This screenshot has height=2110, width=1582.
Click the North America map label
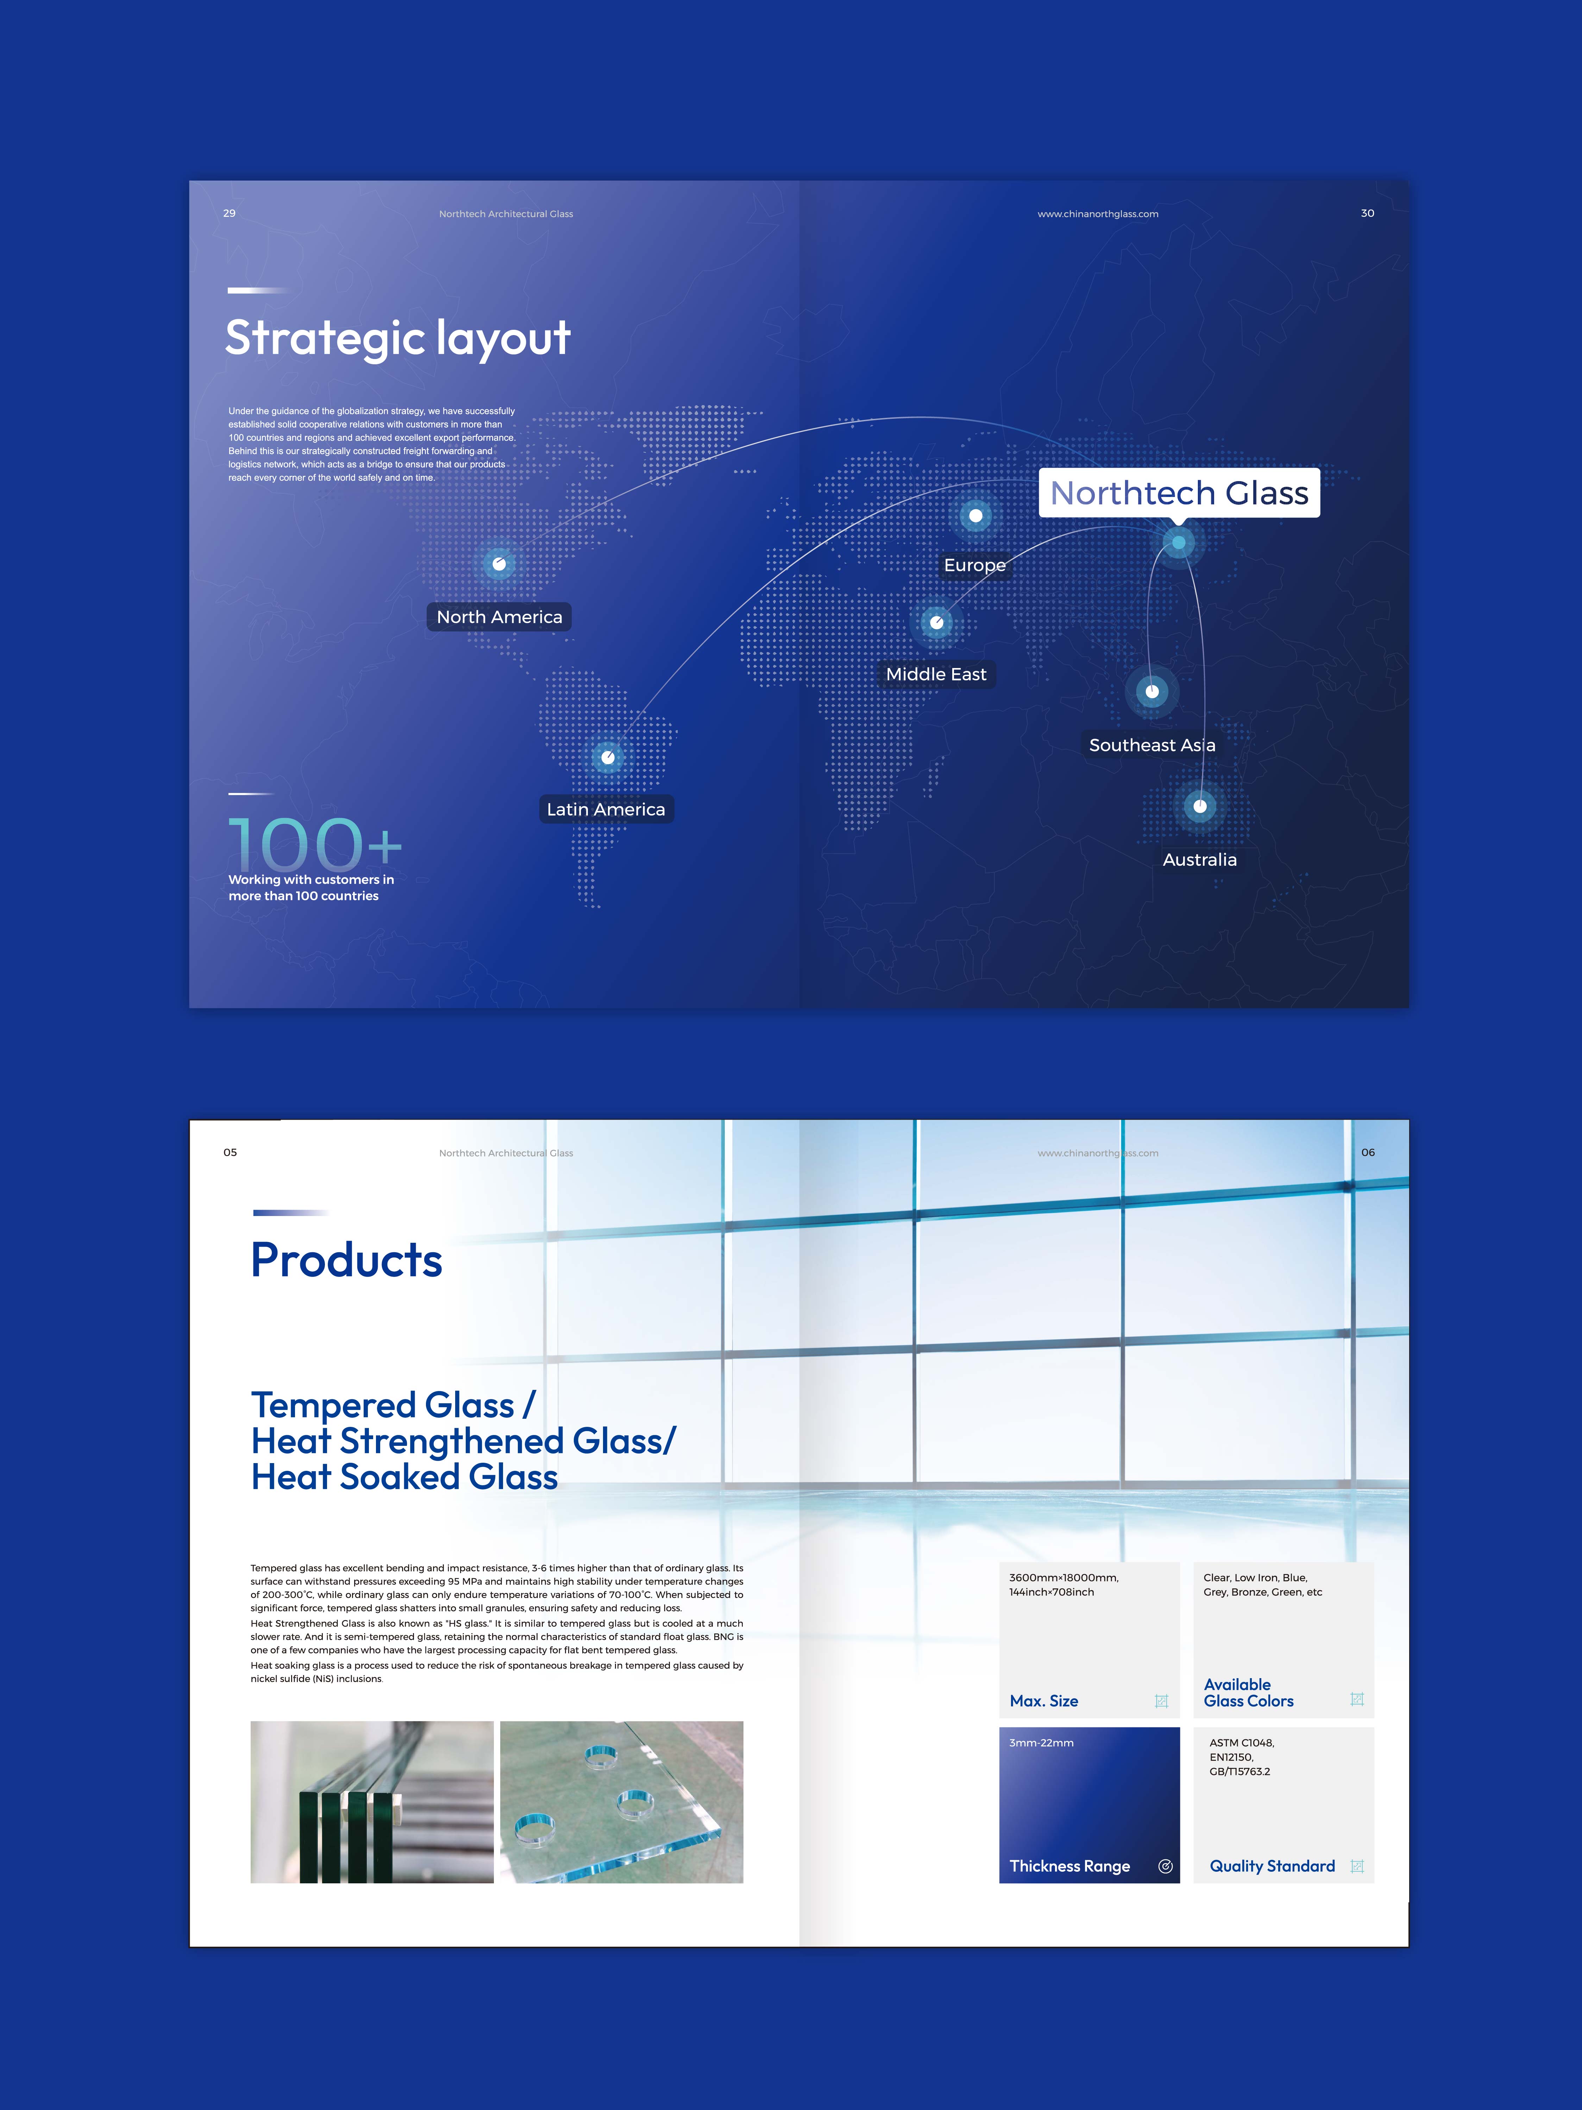point(499,617)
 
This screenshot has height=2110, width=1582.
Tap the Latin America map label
point(606,809)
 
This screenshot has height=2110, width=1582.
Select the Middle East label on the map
point(936,674)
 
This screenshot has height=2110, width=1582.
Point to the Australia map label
point(1199,859)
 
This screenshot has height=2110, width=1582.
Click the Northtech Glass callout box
point(1179,493)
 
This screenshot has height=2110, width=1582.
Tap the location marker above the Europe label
point(975,516)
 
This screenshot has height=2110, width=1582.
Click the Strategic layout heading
point(398,339)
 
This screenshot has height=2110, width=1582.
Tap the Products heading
point(346,1260)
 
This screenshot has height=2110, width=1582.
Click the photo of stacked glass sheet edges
point(372,1802)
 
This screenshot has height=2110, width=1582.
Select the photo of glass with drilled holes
point(621,1802)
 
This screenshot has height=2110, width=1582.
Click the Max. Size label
point(1044,1701)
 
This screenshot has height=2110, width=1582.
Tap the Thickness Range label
point(1069,1866)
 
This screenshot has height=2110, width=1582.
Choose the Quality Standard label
point(1272,1866)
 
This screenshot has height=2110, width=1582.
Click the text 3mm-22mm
point(1041,1743)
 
